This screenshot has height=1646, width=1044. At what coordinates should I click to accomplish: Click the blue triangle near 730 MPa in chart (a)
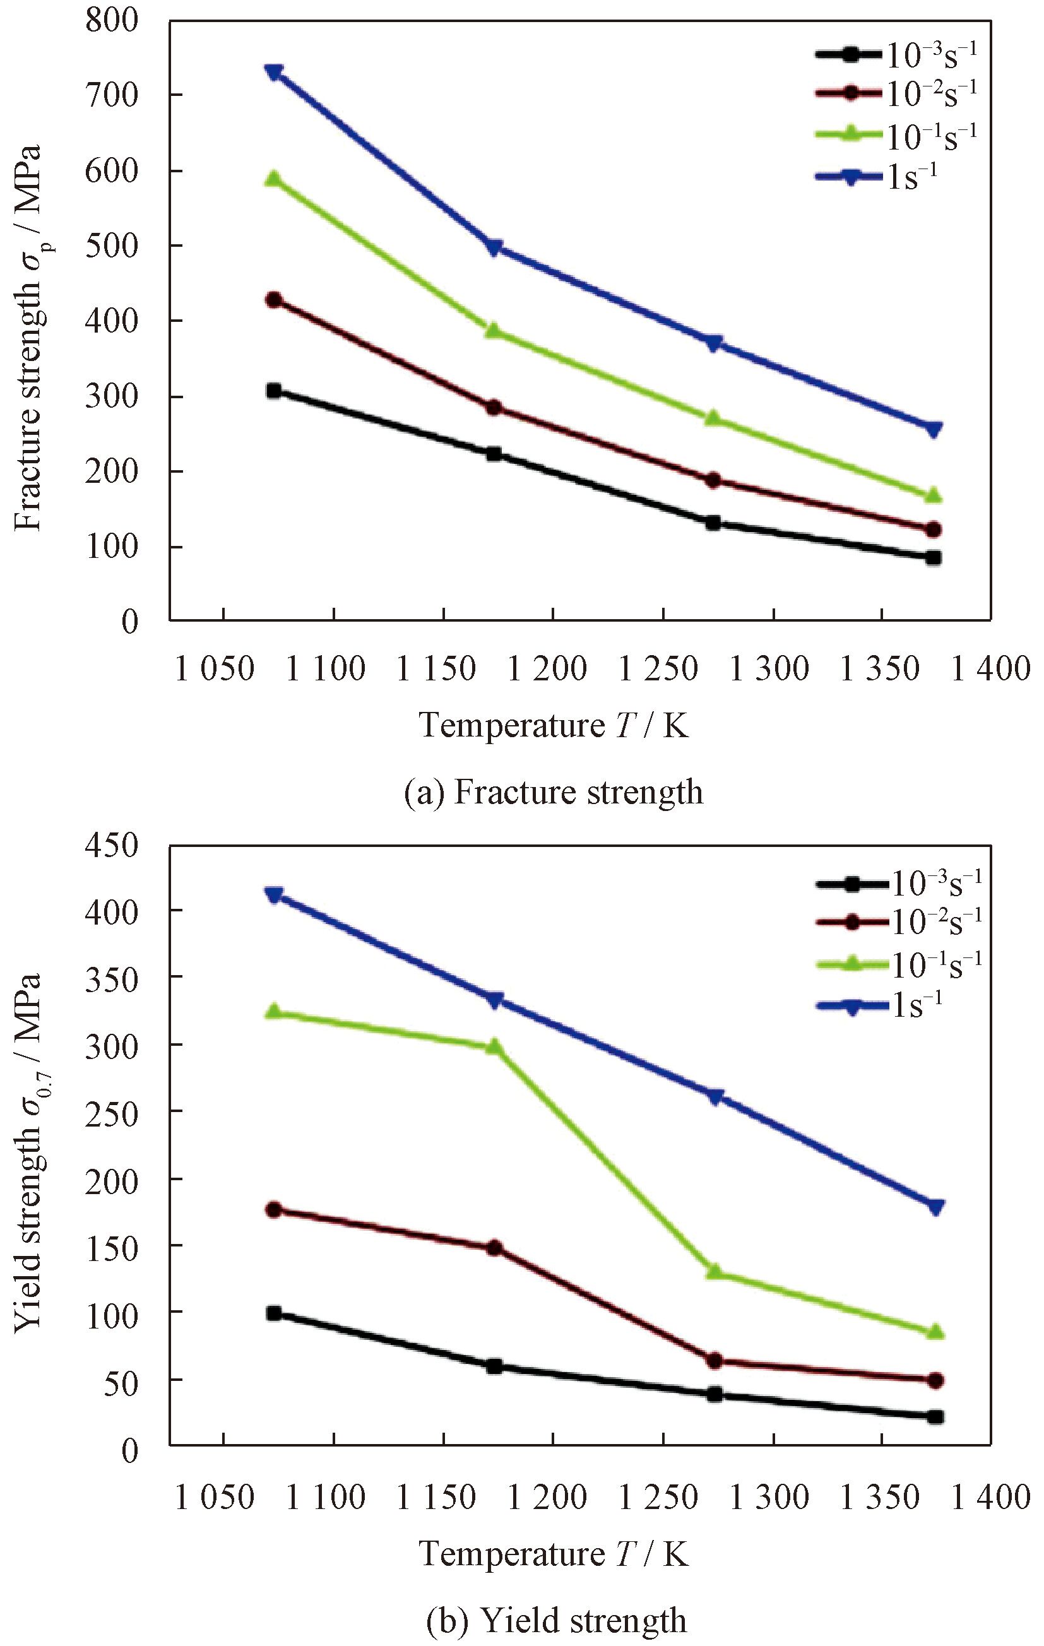[274, 72]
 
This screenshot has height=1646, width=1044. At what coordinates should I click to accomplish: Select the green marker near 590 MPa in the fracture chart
[274, 179]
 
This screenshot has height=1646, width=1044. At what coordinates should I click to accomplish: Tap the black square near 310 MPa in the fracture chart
[274, 391]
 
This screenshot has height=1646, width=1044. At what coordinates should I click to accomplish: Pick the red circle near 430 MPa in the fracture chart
[274, 300]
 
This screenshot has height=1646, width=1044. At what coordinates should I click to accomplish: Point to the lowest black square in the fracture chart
[934, 558]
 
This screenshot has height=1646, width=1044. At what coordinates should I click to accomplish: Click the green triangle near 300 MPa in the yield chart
[494, 1252]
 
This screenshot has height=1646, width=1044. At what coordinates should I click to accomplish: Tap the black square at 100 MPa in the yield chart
[274, 1313]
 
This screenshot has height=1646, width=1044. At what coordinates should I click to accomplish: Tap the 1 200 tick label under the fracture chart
[547, 668]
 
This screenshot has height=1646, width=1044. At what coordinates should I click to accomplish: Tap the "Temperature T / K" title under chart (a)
[554, 725]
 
